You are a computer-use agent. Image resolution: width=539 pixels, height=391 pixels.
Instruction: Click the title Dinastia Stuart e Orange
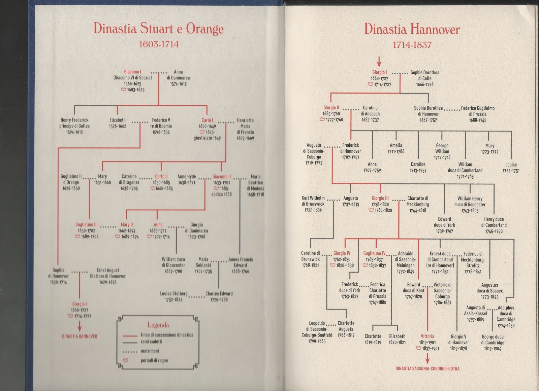159,29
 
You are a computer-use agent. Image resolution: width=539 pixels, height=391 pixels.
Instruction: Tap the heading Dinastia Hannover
412,29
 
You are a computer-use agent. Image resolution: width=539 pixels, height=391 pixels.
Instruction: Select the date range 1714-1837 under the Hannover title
412,45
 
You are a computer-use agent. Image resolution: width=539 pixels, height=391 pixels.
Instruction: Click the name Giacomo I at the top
133,72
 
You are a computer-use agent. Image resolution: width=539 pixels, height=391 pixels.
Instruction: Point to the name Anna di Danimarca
178,75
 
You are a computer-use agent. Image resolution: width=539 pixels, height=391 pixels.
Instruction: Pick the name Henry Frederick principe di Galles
74,123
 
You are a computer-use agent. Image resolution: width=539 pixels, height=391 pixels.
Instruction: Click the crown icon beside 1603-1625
123,90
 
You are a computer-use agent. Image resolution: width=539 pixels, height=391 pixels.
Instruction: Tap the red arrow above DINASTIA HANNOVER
80,326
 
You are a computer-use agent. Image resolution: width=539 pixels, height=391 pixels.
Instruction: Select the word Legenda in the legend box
158,325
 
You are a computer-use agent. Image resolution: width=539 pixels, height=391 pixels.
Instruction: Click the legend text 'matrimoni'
150,351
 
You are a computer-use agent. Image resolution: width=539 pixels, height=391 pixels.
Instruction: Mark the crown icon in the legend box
125,360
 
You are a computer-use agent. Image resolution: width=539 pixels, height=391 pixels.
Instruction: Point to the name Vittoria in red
427,336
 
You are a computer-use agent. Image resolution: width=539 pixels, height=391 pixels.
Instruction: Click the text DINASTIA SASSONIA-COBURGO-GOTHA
427,369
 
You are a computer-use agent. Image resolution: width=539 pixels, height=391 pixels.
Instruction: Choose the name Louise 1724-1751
511,168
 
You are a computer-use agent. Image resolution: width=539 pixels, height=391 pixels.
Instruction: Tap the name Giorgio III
380,198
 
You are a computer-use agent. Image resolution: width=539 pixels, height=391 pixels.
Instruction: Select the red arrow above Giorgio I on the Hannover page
379,62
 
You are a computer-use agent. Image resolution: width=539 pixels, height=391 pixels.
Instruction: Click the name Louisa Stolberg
174,293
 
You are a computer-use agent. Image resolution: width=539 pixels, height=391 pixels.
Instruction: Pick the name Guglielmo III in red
86,224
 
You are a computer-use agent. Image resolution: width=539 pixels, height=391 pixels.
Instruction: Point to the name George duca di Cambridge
493,340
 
